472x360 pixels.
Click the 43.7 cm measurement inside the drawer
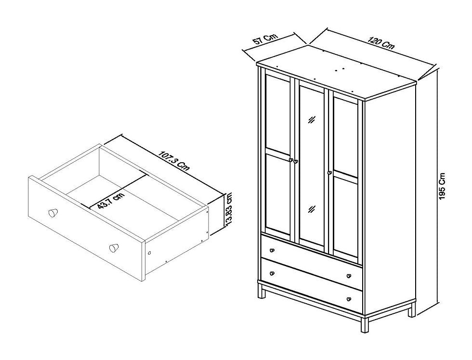pos(111,198)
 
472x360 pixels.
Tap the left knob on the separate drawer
pos(52,213)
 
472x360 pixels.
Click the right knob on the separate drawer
pos(113,248)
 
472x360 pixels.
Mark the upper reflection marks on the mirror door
pos(312,120)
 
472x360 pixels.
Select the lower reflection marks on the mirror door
pos(312,208)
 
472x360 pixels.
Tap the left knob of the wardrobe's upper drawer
pos(272,250)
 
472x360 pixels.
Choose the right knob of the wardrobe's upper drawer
pos(348,276)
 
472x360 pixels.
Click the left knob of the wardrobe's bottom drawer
pos(272,273)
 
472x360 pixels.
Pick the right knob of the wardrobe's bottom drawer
pos(348,299)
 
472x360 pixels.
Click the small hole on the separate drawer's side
pos(149,253)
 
